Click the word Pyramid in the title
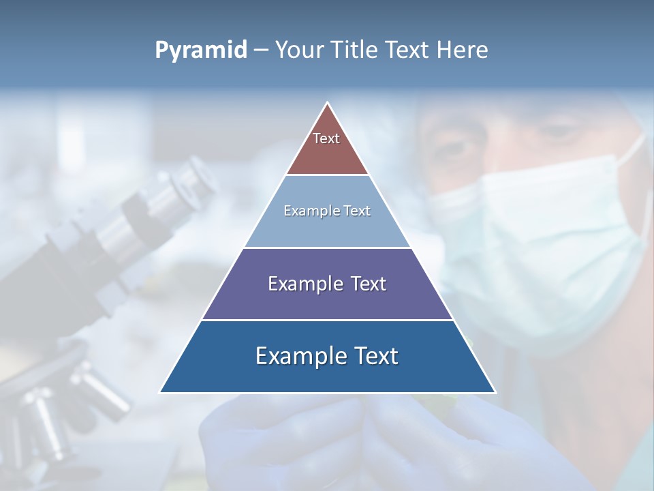point(201,50)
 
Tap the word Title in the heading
point(354,50)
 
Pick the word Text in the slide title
point(409,50)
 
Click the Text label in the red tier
point(326,138)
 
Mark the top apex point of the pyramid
point(328,103)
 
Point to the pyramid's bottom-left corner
point(160,392)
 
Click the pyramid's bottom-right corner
point(495,392)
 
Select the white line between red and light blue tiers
point(327,175)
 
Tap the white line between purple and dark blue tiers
point(327,320)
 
